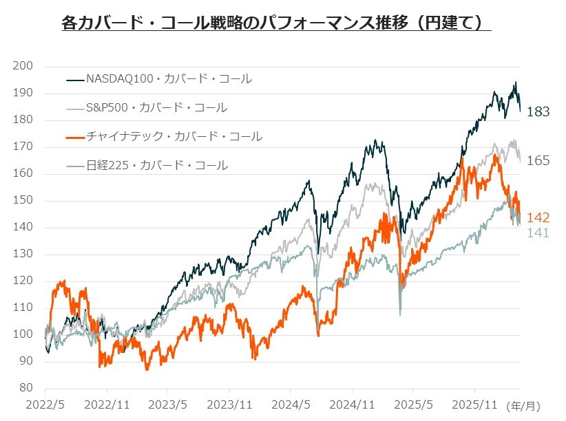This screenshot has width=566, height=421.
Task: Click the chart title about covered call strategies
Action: coord(277,23)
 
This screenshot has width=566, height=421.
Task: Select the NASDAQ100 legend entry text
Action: coord(169,78)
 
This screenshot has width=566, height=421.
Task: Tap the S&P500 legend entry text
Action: coord(157,107)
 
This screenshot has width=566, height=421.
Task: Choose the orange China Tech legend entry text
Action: coord(174,136)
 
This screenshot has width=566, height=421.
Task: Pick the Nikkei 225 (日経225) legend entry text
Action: coord(157,165)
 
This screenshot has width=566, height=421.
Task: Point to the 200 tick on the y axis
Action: coord(23,65)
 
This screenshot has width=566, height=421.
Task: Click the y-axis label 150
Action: coord(23,200)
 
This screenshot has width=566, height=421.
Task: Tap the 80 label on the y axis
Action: coord(25,387)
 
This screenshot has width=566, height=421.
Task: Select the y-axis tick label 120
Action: coord(23,280)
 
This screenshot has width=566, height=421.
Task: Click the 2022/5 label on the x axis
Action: coord(45,404)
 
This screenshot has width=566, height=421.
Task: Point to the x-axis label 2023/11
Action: coord(229,404)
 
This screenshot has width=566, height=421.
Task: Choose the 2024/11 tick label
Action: coord(352,404)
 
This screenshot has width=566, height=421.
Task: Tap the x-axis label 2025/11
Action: coord(474,404)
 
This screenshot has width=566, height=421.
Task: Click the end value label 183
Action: coord(538,112)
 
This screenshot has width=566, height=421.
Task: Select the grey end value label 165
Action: coord(538,160)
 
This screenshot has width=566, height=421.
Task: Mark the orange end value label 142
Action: coord(538,217)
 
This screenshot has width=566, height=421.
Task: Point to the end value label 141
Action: coord(538,233)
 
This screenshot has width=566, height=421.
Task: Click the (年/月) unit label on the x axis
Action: coord(523,406)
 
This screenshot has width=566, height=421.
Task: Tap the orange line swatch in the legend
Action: coord(75,137)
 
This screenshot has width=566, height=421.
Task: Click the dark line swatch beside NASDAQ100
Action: coord(75,79)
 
